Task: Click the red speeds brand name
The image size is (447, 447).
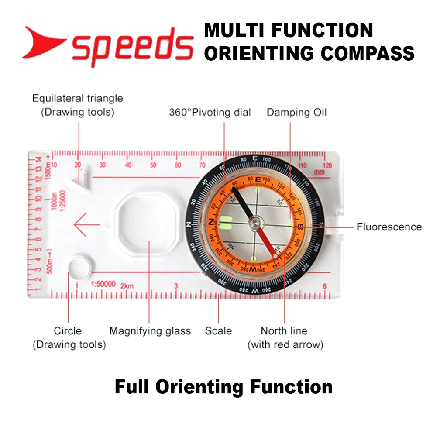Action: [133, 46]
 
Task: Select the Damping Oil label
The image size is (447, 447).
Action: [296, 113]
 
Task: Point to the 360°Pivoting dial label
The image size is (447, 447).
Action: [210, 113]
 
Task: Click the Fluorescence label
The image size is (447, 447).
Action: [389, 227]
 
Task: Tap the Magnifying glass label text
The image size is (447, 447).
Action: [150, 331]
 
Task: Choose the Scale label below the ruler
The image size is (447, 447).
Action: [218, 331]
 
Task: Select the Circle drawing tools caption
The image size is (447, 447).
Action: [69, 337]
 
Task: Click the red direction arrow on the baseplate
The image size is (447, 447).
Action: [87, 225]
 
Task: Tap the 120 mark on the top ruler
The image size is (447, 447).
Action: [327, 165]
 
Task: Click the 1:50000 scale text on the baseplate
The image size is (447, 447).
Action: [103, 284]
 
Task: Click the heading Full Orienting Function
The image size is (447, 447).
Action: [223, 387]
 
